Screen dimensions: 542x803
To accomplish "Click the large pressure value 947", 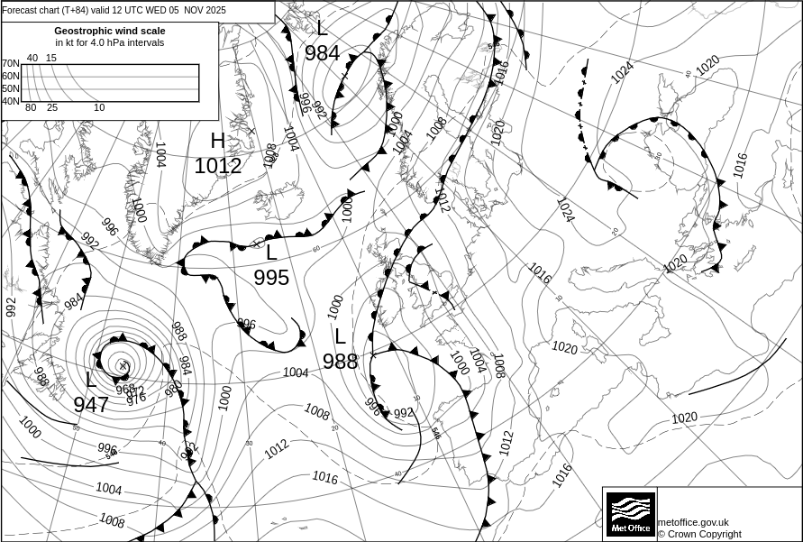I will pyautogui.click(x=91, y=405).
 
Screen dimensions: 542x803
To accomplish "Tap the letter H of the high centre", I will pyautogui.click(x=217, y=141).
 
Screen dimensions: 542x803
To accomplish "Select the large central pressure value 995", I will pyautogui.click(x=271, y=278).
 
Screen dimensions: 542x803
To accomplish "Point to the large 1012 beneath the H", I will pyautogui.click(x=218, y=166).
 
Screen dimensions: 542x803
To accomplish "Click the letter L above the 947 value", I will pyautogui.click(x=91, y=380).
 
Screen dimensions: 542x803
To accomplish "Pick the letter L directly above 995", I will pyautogui.click(x=271, y=253).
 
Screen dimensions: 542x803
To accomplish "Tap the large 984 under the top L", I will pyautogui.click(x=322, y=53).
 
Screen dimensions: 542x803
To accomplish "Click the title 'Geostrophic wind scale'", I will pyautogui.click(x=110, y=31).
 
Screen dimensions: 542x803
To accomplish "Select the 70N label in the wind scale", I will pyautogui.click(x=10, y=64).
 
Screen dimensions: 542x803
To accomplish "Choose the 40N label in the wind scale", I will pyautogui.click(x=10, y=101).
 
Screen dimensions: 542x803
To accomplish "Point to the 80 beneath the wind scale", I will pyautogui.click(x=31, y=108).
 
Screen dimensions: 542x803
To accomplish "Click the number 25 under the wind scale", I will pyautogui.click(x=52, y=108).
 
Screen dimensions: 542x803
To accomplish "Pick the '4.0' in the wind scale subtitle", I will pyautogui.click(x=111, y=42).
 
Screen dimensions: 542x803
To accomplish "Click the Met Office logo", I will pyautogui.click(x=629, y=514).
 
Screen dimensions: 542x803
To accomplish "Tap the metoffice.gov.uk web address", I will pyautogui.click(x=693, y=522).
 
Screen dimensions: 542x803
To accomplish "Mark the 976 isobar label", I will pyautogui.click(x=136, y=397).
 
